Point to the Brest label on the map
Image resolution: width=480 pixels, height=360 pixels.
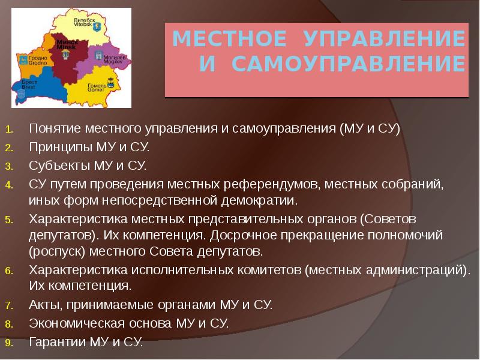[x=29, y=85]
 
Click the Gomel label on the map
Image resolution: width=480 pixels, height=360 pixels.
[x=97, y=88]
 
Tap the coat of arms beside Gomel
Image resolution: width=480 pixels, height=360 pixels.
[x=110, y=83]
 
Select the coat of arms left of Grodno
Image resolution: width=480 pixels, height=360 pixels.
[x=23, y=60]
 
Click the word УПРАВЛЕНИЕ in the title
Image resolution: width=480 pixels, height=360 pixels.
[x=384, y=38]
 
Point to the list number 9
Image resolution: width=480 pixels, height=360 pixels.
[x=9, y=343]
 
